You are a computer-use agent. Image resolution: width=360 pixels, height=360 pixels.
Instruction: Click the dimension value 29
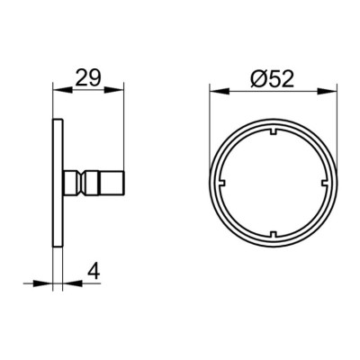pyautogui.click(x=88, y=77)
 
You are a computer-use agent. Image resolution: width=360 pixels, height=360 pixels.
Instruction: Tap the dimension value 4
pyautogui.click(x=94, y=272)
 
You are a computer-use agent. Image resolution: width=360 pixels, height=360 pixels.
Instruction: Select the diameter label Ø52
pyautogui.click(x=272, y=79)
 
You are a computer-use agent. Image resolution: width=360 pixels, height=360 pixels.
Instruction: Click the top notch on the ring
pyautogui.click(x=274, y=132)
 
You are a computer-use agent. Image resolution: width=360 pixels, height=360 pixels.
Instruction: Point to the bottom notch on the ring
pyautogui.click(x=274, y=234)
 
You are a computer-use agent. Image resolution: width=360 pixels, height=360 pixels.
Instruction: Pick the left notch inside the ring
pyautogui.click(x=222, y=183)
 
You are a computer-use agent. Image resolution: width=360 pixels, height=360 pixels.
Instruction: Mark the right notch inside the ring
pyautogui.click(x=325, y=183)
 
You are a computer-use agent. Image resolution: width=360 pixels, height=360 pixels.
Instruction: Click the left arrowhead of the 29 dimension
pyautogui.click(x=62, y=90)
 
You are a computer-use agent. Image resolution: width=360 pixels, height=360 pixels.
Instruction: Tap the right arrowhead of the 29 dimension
pyautogui.click(x=114, y=90)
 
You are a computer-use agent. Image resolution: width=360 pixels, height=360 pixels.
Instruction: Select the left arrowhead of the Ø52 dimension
pyautogui.click(x=220, y=92)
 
